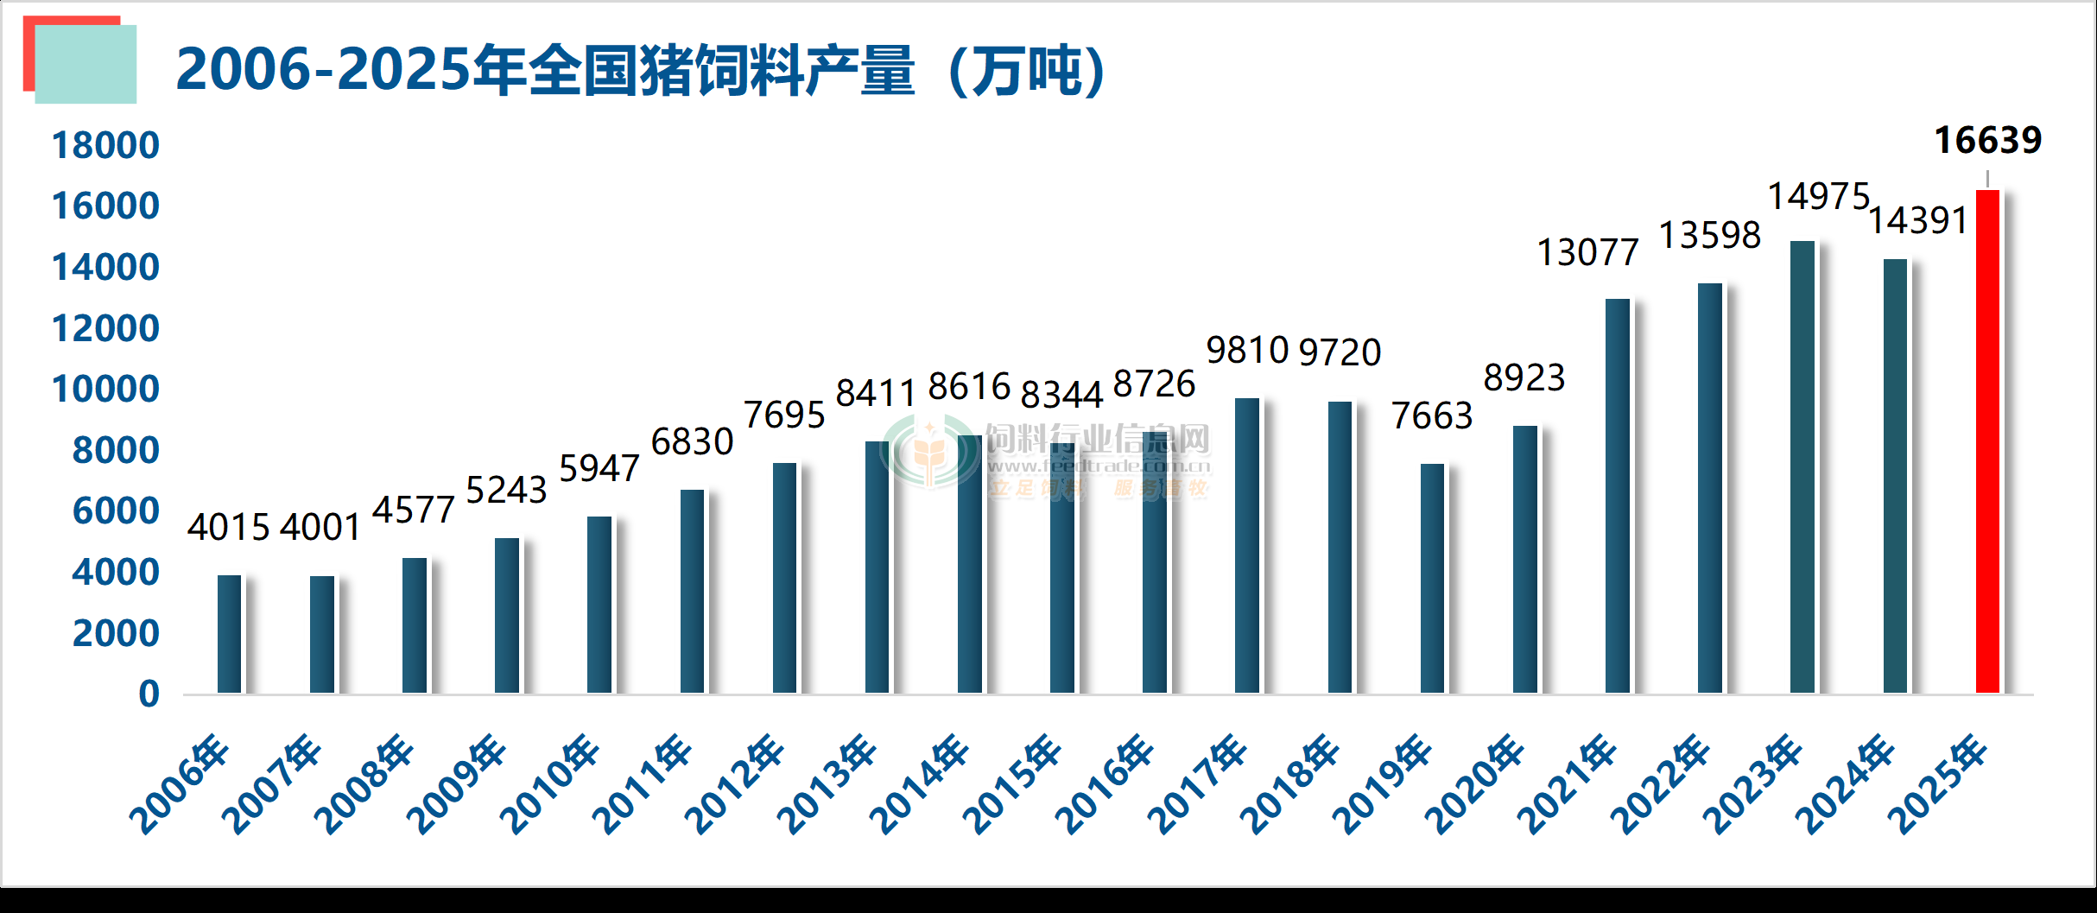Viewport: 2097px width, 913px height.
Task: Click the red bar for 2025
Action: point(1987,441)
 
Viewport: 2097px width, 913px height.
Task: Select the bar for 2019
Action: point(1432,578)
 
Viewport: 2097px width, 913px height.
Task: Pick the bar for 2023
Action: point(1802,466)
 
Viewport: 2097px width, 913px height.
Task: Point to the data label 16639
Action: point(1987,140)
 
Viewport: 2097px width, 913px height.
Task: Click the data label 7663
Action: point(1431,416)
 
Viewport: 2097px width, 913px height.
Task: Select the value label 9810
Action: point(1247,351)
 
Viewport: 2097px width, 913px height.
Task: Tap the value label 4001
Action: point(320,528)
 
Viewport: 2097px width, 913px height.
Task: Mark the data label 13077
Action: point(1587,253)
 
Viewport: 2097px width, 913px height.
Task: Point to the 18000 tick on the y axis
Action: point(105,145)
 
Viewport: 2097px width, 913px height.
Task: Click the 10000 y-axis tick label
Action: point(105,390)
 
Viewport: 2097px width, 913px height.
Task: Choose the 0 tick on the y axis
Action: point(149,694)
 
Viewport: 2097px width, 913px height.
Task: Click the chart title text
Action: point(640,70)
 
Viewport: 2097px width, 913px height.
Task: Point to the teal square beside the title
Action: point(86,66)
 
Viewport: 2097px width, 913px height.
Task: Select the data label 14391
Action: point(1918,221)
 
